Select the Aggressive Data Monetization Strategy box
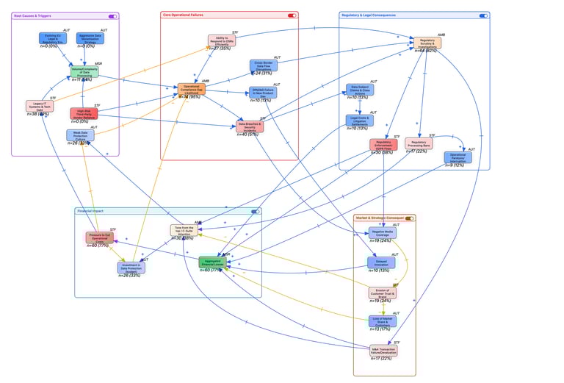pyautogui.click(x=90, y=37)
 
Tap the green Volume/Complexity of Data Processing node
pyautogui.click(x=84, y=71)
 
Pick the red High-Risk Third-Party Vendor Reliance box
pyautogui.click(x=84, y=114)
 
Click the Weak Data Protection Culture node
pyautogui.click(x=80, y=135)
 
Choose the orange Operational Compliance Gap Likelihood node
pyautogui.click(x=191, y=89)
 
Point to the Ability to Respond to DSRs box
pyautogui.click(x=221, y=40)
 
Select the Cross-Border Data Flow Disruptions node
pyautogui.click(x=263, y=65)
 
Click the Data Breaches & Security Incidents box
pyautogui.click(x=250, y=126)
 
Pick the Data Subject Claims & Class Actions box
pyautogui.click(x=360, y=90)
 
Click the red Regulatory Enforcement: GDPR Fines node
pyautogui.click(x=383, y=145)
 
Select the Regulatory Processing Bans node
pyautogui.click(x=419, y=143)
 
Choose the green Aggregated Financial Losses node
pyautogui.click(x=213, y=262)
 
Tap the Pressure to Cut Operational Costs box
pyautogui.click(x=99, y=238)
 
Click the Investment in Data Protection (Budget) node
pyautogui.click(x=131, y=268)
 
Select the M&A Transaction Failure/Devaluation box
pyautogui.click(x=383, y=351)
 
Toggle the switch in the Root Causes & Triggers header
pyautogui.click(x=112, y=15)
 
